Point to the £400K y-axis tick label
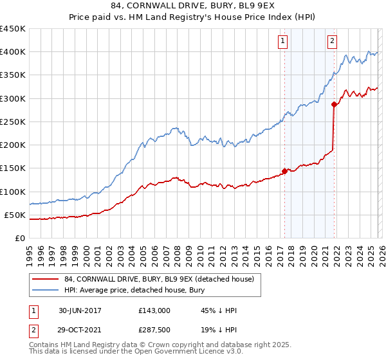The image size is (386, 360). click(13, 52)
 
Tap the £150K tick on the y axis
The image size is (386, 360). click(13, 168)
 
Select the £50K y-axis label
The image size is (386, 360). click(15, 215)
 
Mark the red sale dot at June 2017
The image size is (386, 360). click(284, 172)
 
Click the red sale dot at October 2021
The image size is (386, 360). click(334, 104)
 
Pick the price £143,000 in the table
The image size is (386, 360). click(154, 310)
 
